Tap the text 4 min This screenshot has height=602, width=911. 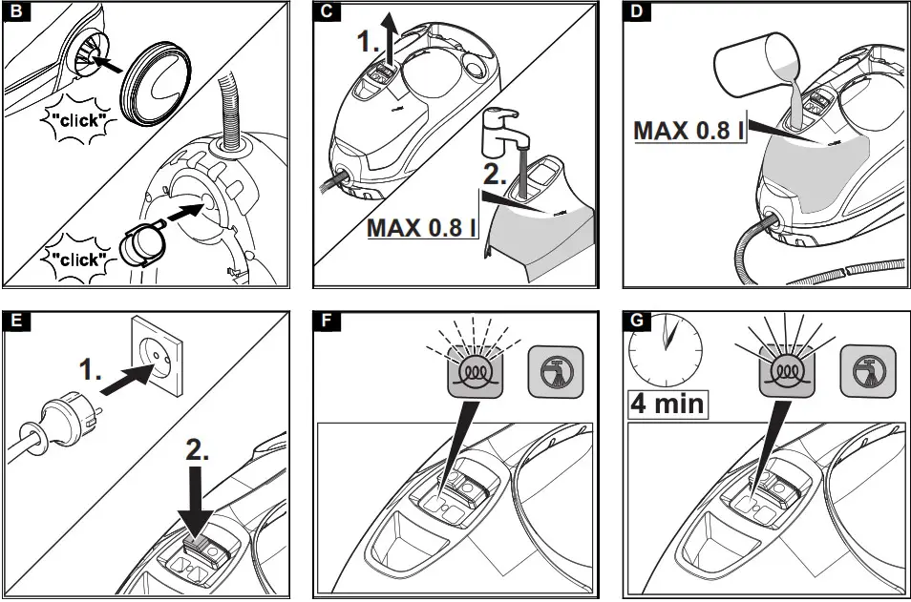tap(667, 403)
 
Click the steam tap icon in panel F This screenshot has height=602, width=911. tap(552, 368)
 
